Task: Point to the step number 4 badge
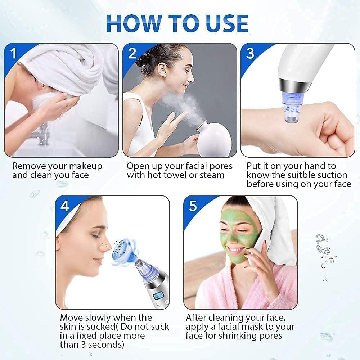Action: [x=65, y=206]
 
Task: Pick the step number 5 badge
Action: [x=193, y=206]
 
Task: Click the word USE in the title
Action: [x=224, y=23]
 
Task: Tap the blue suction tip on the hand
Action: [x=291, y=112]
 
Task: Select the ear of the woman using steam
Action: [x=163, y=69]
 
